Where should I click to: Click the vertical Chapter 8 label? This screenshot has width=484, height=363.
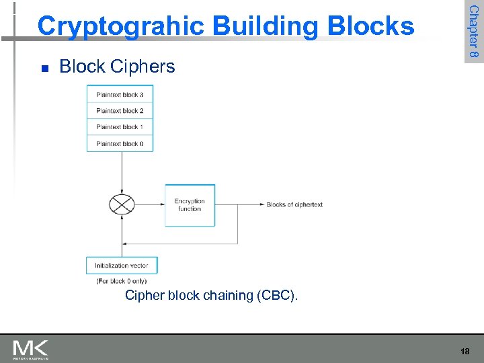coord(473,31)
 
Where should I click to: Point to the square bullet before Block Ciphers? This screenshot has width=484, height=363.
coord(44,68)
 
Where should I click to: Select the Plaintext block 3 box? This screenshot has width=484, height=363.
coord(120,95)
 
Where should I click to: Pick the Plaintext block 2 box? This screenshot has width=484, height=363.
coord(120,111)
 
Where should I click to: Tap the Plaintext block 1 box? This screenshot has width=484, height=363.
coord(120,127)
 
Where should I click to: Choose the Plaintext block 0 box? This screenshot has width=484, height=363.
coord(120,143)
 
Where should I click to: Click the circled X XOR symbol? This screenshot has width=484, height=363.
coord(122,204)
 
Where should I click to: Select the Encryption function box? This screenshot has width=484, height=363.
coord(190,205)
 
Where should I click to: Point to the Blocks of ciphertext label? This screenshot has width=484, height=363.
coord(294,205)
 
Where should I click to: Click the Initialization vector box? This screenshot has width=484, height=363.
coord(122,266)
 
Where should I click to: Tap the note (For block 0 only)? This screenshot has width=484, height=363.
coord(121,281)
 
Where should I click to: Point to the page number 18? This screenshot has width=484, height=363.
coord(465,352)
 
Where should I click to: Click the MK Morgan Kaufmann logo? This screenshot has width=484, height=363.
coord(30,350)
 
